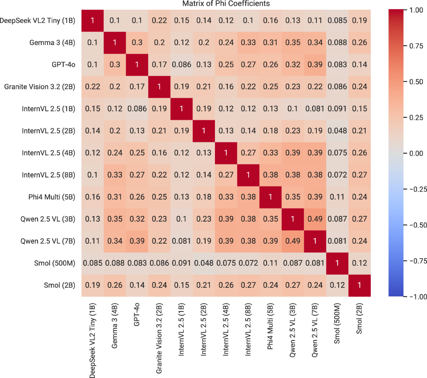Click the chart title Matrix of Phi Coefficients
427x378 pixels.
[x=226, y=4]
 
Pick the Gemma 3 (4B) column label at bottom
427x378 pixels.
[x=115, y=326]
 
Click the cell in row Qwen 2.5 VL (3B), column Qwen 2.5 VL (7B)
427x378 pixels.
[x=315, y=219]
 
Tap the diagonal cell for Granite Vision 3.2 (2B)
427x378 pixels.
[x=159, y=87]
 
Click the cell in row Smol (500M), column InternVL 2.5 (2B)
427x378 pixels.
[x=204, y=263]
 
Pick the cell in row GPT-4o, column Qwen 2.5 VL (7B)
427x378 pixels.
[x=315, y=65]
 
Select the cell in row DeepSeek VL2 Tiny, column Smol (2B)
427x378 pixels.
[x=359, y=21]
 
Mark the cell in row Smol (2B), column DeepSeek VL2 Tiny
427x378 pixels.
[x=93, y=285]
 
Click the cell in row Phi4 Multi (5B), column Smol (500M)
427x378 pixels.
[x=337, y=197]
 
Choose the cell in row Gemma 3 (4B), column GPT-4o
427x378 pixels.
[x=137, y=43]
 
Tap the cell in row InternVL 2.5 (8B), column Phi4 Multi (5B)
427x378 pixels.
[x=270, y=175]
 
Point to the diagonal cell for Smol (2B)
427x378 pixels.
[x=359, y=285]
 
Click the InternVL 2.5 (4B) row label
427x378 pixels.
[x=48, y=153]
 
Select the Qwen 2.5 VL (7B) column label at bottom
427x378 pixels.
[x=315, y=330]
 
